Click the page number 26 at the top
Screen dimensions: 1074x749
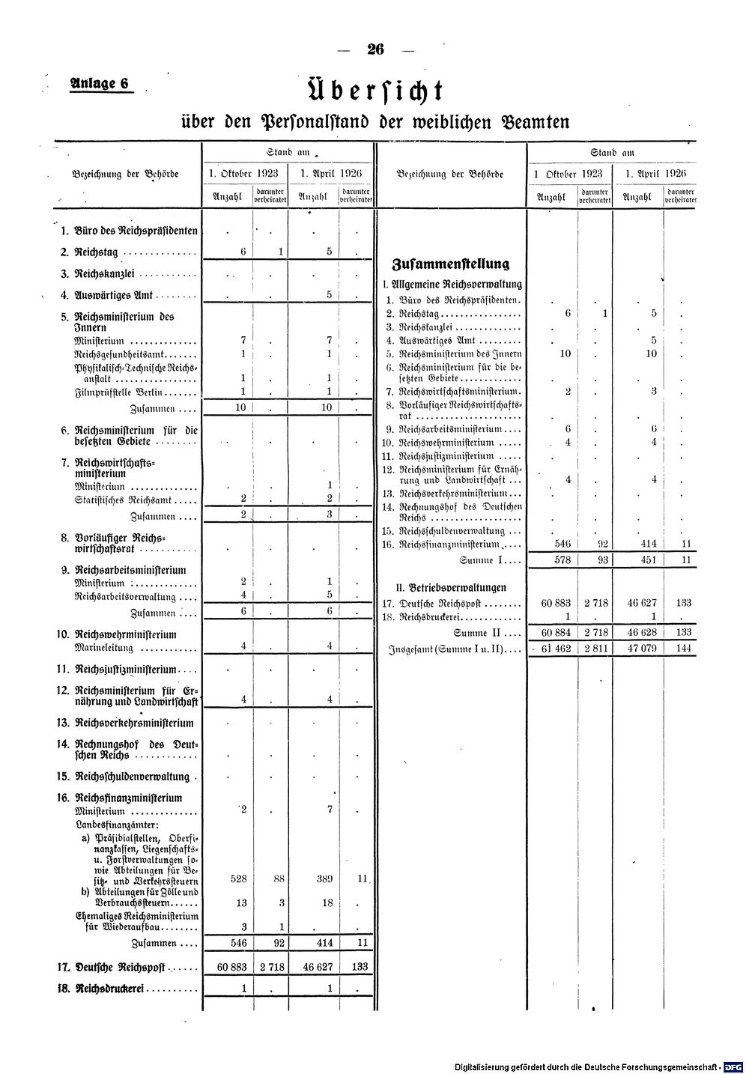(x=375, y=49)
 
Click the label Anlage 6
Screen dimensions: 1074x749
(x=100, y=84)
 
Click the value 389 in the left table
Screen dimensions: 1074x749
(x=324, y=879)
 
